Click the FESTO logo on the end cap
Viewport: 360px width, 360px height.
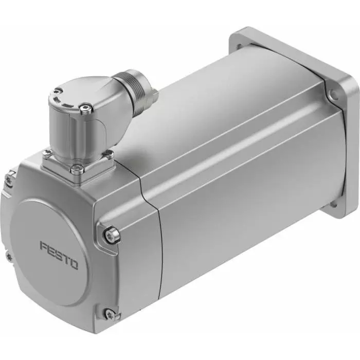(x=59, y=255)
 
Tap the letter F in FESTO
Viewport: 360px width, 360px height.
(x=44, y=245)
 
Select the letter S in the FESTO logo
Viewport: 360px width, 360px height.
(x=58, y=255)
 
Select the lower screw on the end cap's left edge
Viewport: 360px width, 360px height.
(x=9, y=255)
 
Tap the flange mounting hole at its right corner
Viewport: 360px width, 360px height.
(x=335, y=95)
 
